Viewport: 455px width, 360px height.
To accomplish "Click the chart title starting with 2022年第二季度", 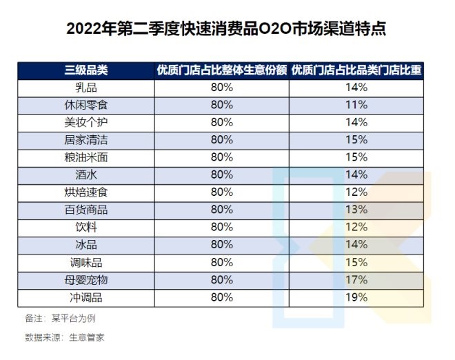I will click(227, 30).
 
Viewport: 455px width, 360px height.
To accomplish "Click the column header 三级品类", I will click(87, 70).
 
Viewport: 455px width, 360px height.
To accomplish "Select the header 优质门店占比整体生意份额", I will click(222, 70).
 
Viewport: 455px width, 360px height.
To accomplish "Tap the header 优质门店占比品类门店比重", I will click(357, 70).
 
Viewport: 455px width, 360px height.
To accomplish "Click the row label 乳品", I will click(87, 88).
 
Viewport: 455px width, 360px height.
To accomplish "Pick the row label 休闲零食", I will click(87, 105).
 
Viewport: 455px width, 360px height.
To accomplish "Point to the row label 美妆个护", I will click(87, 122).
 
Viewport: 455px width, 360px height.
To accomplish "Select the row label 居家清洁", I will click(87, 139).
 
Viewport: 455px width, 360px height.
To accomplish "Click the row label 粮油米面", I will click(87, 157).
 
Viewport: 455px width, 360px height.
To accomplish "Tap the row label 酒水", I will click(87, 174).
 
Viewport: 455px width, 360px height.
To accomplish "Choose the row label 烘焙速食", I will click(87, 192).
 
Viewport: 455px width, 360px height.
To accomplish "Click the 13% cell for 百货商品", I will click(357, 209).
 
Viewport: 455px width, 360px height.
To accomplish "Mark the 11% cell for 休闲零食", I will click(357, 105).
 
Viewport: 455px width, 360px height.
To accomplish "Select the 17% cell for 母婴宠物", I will click(357, 279).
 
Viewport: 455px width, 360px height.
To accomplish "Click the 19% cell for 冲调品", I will click(357, 297).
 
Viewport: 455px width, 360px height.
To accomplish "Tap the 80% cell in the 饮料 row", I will click(222, 227).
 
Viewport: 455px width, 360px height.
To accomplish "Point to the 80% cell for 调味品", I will click(222, 262).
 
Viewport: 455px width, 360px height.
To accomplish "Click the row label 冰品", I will click(87, 244).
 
